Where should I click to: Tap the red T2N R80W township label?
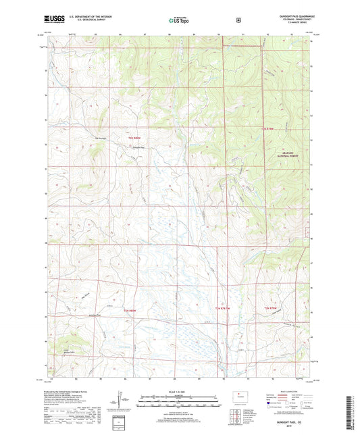(x=131, y=310)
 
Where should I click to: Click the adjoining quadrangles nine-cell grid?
(x=236, y=411)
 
